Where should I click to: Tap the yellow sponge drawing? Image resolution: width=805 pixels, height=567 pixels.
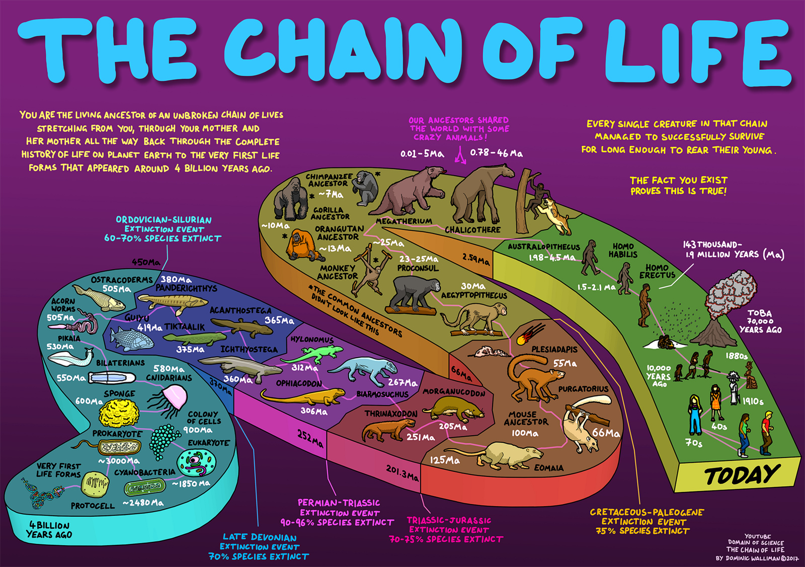[119, 413]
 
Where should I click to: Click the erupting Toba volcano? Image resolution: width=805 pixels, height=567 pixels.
[722, 309]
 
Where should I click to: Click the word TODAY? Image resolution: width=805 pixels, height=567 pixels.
[742, 474]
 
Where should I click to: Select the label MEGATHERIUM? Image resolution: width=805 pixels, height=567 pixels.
[404, 221]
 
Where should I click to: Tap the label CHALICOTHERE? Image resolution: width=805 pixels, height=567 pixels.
[472, 230]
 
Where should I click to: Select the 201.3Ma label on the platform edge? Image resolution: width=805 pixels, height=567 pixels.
[402, 473]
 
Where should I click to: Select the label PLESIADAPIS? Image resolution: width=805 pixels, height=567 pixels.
[554, 349]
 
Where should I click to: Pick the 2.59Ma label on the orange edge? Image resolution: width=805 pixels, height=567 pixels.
[476, 259]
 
